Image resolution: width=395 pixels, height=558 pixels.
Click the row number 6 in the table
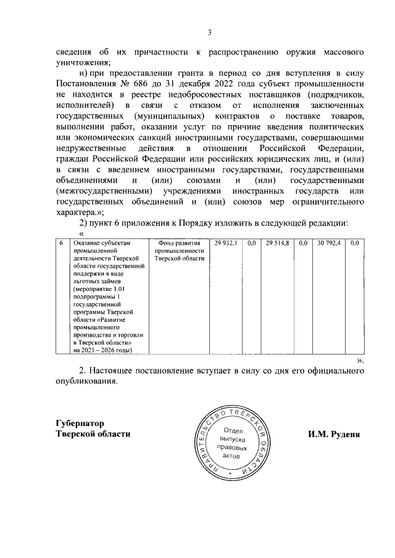[x=60, y=245]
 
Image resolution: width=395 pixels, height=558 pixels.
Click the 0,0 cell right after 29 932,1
[x=251, y=245]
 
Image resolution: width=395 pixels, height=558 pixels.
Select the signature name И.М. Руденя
[x=335, y=433]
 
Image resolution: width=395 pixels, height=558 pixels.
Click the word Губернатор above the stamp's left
[x=80, y=423]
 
